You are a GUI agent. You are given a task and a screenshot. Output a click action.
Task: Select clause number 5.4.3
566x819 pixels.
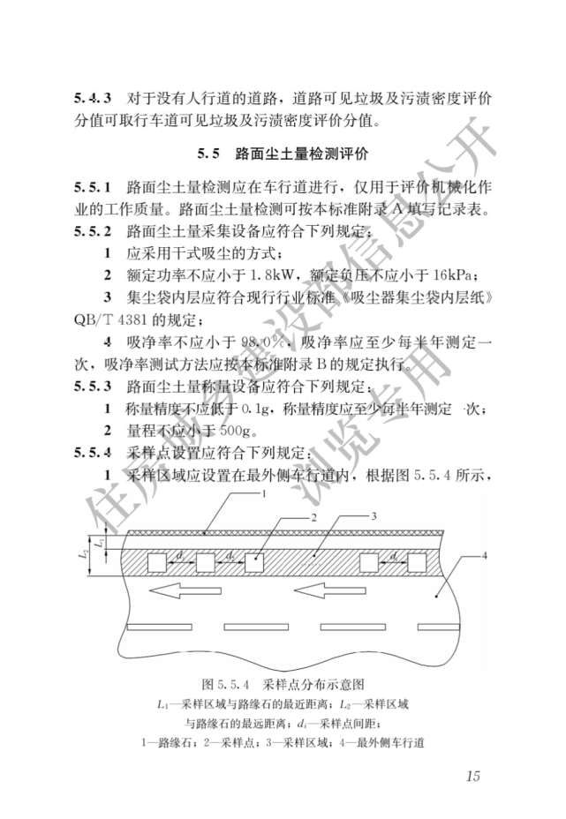click(93, 97)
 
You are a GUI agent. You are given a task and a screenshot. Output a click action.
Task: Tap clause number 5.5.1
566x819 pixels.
click(93, 188)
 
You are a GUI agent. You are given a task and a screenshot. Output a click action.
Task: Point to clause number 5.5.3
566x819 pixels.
click(93, 386)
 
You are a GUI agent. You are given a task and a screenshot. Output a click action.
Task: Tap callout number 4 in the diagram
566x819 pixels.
click(485, 556)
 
